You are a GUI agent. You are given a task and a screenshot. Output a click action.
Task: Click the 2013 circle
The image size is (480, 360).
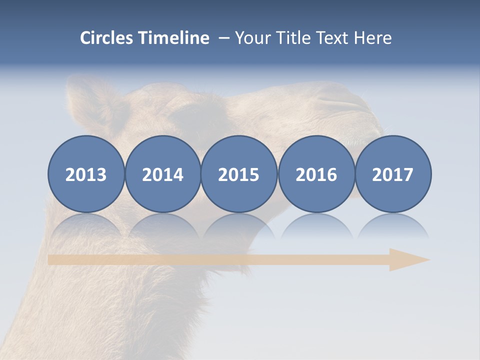[86, 174]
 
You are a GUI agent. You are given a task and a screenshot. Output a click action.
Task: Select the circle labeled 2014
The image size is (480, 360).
[162, 174]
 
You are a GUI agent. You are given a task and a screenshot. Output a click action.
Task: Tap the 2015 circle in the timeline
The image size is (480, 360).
[239, 174]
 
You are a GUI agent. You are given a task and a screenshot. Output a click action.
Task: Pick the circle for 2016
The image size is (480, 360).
[316, 174]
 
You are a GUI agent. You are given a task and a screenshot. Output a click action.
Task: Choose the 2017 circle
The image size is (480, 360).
[392, 174]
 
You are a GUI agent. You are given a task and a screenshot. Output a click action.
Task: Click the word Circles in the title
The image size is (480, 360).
[107, 38]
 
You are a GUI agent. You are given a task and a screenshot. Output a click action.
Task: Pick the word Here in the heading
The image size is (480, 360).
[372, 38]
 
